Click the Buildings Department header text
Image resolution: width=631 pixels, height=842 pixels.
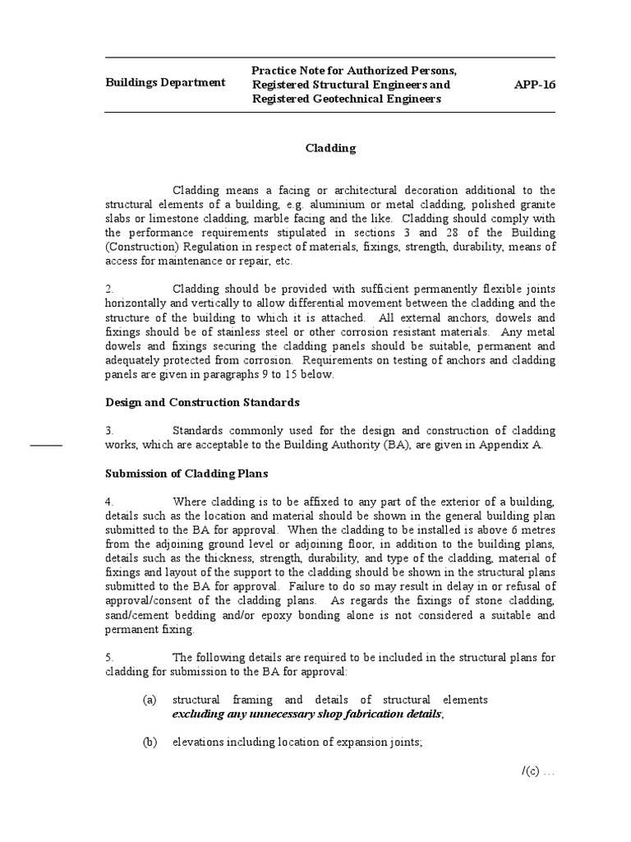click(165, 83)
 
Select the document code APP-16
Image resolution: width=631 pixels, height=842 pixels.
click(534, 84)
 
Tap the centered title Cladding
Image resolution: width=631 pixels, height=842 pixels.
click(330, 148)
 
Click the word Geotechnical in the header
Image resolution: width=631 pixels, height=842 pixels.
click(345, 99)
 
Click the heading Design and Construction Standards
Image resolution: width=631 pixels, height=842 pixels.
click(202, 402)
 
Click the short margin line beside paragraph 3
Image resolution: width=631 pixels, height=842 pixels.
click(47, 445)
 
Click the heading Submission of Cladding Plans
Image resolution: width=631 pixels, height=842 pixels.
click(186, 474)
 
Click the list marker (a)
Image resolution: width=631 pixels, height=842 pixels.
click(149, 700)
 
